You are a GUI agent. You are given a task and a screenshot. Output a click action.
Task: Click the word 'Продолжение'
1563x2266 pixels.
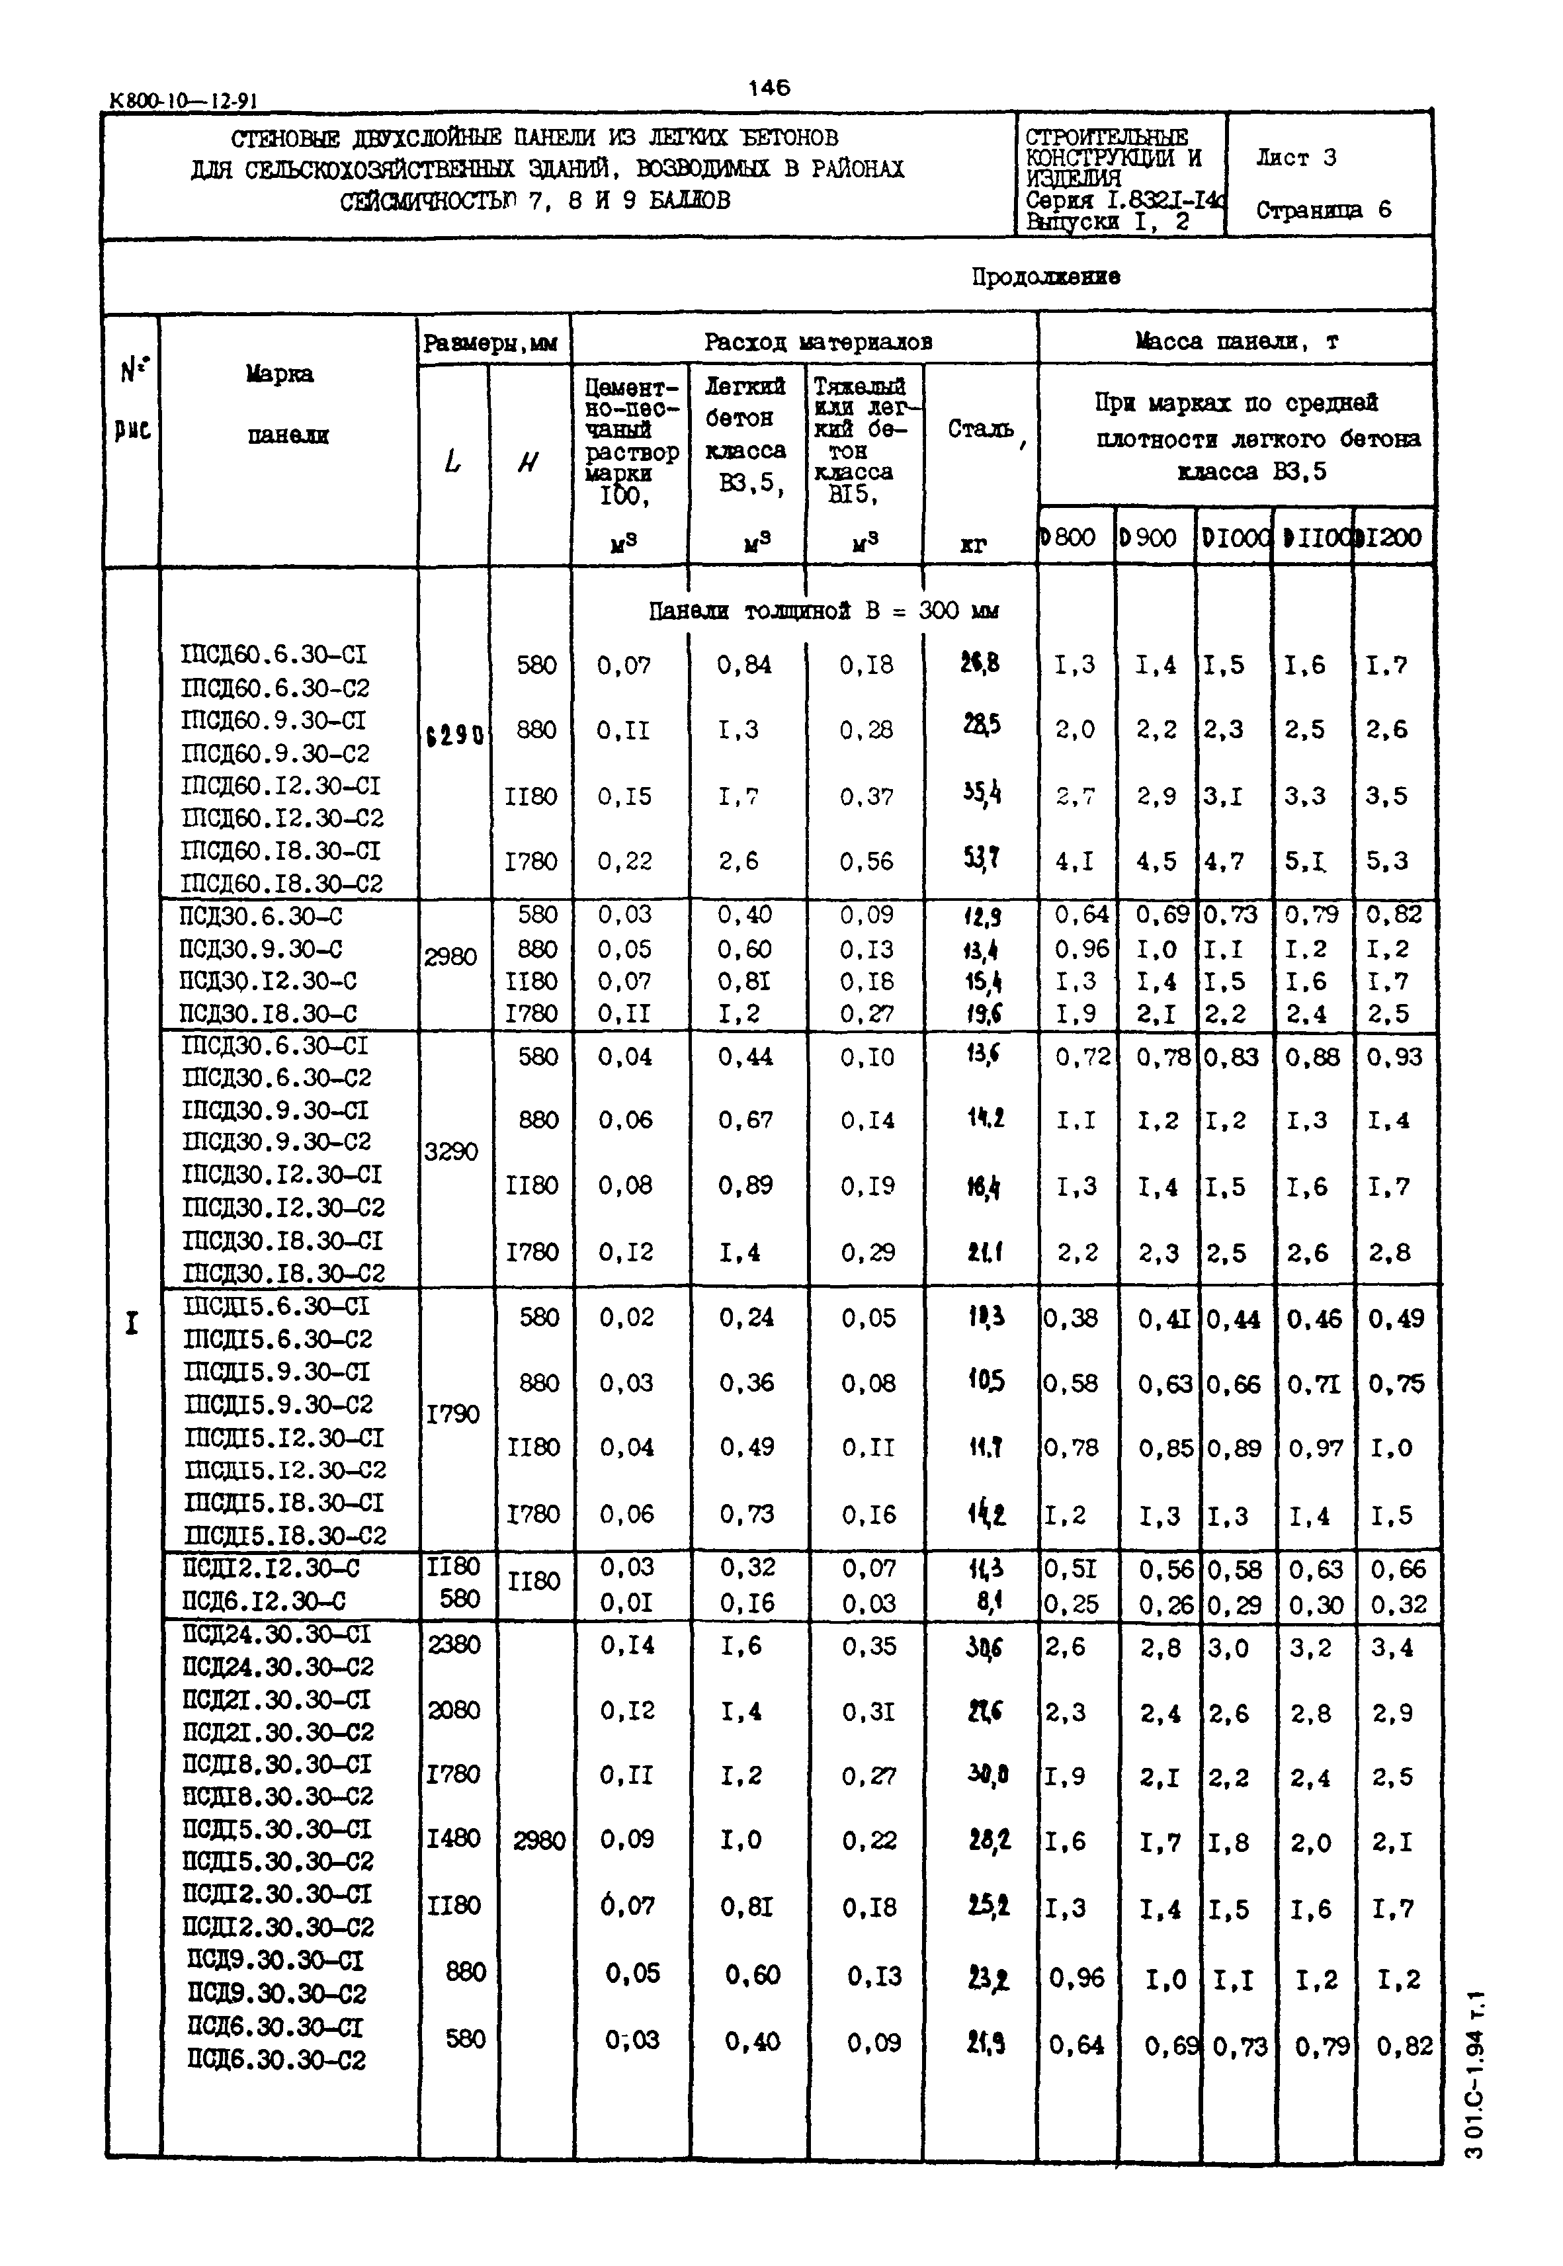tap(1045, 277)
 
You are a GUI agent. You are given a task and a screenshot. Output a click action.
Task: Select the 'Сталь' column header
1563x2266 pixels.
tap(980, 429)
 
